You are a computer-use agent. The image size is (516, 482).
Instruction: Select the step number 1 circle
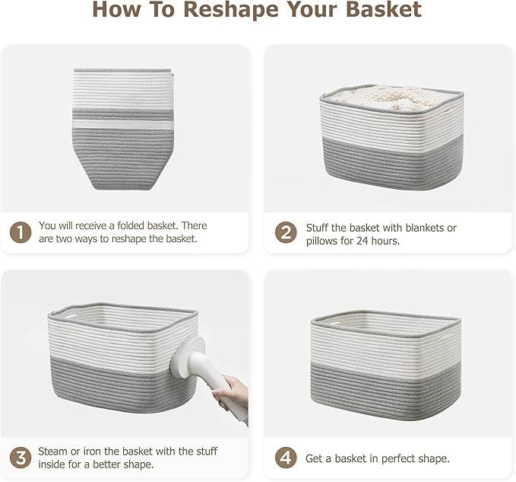(x=21, y=231)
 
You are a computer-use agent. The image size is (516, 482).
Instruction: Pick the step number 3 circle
(x=21, y=458)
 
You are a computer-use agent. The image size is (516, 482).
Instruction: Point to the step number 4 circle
(x=286, y=458)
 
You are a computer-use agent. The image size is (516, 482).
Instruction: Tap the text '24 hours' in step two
(x=373, y=241)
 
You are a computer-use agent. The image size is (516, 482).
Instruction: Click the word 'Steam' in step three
(x=54, y=451)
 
